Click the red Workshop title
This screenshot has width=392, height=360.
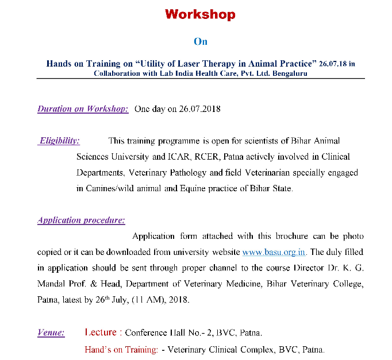click(x=200, y=15)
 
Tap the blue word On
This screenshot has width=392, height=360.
click(x=200, y=41)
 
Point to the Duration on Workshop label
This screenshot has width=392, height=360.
click(x=83, y=109)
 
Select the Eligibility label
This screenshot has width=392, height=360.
click(x=59, y=141)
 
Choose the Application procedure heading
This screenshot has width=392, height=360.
click(x=81, y=220)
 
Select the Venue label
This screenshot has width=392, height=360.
click(x=51, y=332)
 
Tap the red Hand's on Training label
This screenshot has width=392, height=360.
click(x=121, y=349)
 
